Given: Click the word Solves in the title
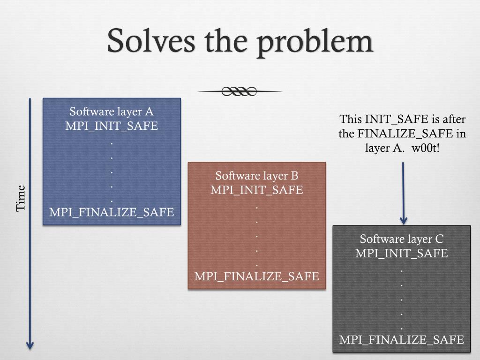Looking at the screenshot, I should (151, 41).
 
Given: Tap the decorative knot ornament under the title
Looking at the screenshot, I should (240, 91).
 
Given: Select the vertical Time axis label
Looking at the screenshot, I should (21, 198).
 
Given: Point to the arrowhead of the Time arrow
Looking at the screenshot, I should (30, 346).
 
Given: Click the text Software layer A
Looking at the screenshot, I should (112, 112).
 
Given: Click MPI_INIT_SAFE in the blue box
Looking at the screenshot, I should (112, 126).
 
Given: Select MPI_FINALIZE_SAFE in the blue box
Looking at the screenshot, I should (112, 212).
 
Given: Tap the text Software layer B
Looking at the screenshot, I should (257, 176).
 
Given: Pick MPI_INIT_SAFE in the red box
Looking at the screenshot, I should (257, 190).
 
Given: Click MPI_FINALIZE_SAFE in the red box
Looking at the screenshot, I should (257, 276).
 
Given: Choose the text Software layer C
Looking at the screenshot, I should (402, 239).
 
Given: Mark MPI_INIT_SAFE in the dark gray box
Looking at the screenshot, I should (402, 254).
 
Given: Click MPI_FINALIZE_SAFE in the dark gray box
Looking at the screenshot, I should (402, 339).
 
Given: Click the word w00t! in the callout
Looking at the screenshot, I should (427, 148).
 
